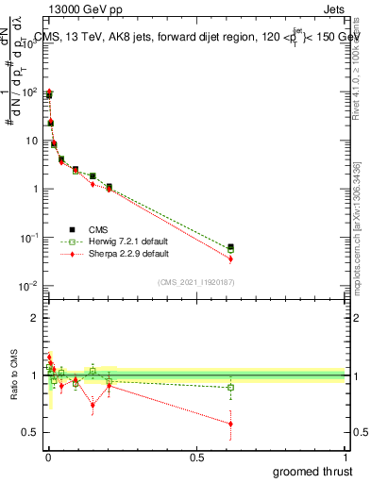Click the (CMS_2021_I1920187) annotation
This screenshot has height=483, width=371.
click(195, 282)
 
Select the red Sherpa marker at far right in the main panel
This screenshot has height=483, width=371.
click(230, 258)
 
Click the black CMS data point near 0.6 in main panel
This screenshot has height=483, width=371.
click(230, 247)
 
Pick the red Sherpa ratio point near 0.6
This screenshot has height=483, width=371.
click(230, 424)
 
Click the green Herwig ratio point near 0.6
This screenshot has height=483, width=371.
click(230, 387)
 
